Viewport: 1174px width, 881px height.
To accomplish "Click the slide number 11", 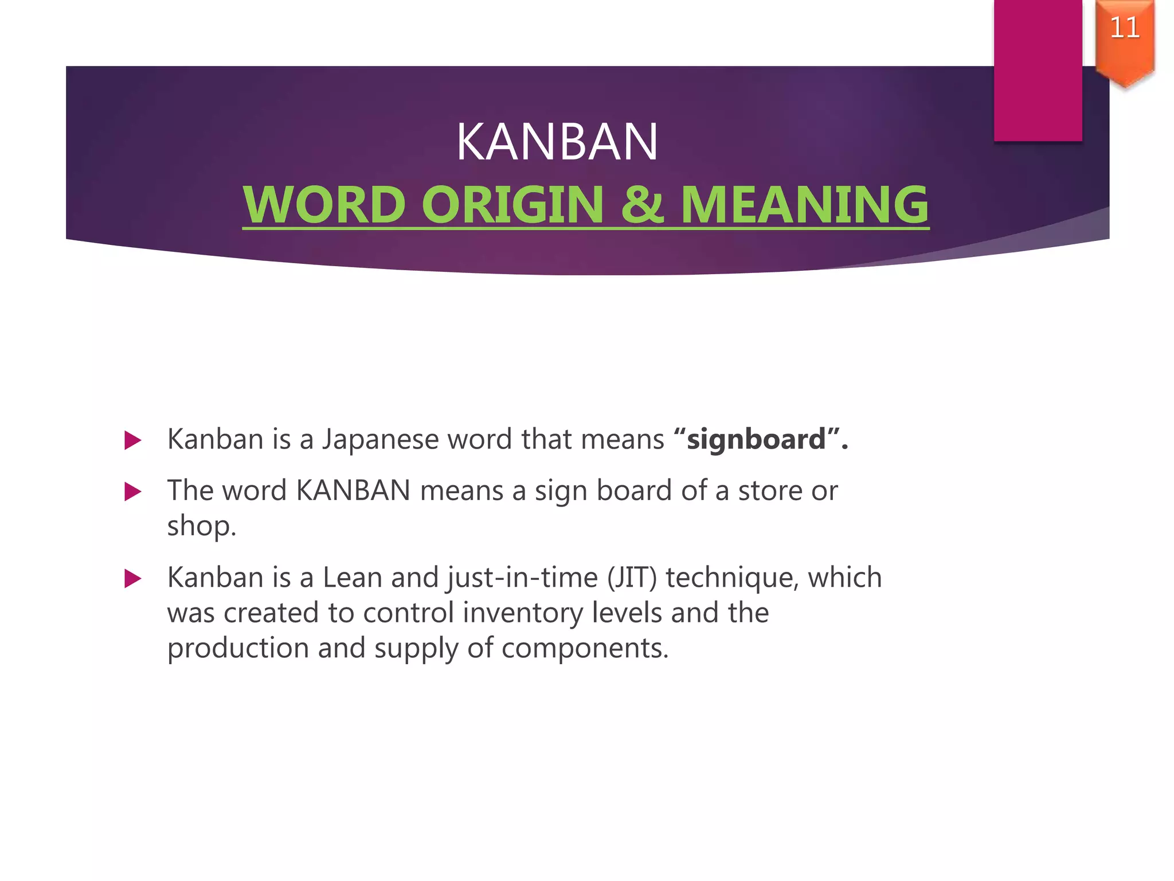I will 1125,28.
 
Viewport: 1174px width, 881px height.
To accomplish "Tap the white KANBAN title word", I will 557,142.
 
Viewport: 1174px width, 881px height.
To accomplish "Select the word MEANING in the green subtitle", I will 804,205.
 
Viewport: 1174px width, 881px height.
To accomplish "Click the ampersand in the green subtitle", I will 642,205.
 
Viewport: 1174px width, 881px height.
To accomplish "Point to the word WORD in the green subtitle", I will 324,205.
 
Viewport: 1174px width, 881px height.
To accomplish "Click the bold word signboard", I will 756,440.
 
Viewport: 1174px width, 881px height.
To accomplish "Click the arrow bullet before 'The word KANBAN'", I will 132,492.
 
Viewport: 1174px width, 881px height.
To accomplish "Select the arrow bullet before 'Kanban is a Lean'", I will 132,579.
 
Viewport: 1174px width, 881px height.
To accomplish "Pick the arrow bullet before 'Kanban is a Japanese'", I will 132,440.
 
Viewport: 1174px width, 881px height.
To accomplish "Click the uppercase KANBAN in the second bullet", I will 353,491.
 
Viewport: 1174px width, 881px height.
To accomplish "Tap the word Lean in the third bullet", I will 352,578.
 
